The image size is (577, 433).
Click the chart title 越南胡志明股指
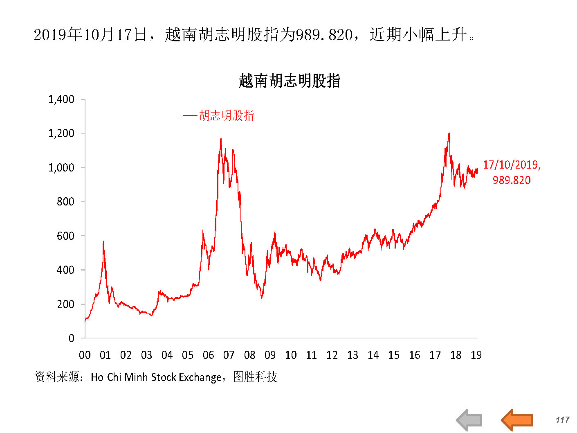(x=289, y=81)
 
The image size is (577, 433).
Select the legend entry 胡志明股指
(x=227, y=116)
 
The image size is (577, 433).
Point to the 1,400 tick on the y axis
(x=61, y=99)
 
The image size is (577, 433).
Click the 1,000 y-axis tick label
(x=61, y=168)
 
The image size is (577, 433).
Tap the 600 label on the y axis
(x=65, y=236)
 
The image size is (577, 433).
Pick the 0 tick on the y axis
(x=72, y=338)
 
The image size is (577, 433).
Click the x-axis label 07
(x=229, y=355)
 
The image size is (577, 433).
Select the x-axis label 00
(x=85, y=355)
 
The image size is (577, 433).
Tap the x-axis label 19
(x=476, y=355)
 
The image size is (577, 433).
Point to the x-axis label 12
(x=332, y=355)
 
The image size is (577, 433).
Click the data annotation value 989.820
(x=511, y=180)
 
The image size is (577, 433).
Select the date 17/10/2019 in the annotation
(x=511, y=165)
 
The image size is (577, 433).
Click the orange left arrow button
(x=517, y=419)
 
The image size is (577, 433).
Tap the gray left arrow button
(x=469, y=419)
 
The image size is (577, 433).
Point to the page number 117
(x=562, y=419)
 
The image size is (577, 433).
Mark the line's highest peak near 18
(x=449, y=133)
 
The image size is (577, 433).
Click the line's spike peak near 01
(x=103, y=241)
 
